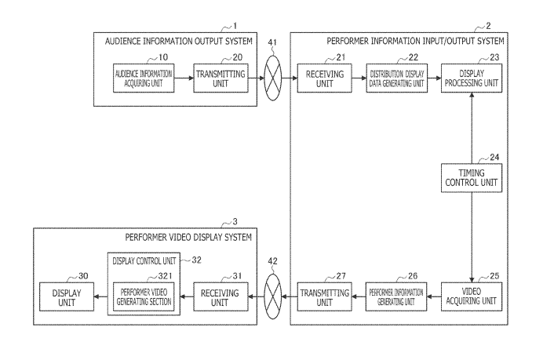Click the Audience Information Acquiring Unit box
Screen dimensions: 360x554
[143, 79]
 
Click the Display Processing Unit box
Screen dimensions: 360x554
[470, 79]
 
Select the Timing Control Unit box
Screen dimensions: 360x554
[470, 179]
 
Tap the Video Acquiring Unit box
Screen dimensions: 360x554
[470, 296]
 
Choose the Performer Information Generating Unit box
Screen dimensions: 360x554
[397, 296]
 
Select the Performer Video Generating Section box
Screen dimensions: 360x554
[143, 296]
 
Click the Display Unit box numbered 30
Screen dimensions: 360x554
[65, 296]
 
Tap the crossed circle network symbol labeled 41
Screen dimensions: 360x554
[272, 79]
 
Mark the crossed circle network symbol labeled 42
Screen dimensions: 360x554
[272, 296]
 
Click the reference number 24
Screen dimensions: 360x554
[494, 157]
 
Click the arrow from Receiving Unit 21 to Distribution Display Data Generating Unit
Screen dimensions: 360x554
[355, 79]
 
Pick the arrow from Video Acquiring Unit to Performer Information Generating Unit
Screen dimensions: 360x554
[435, 296]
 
